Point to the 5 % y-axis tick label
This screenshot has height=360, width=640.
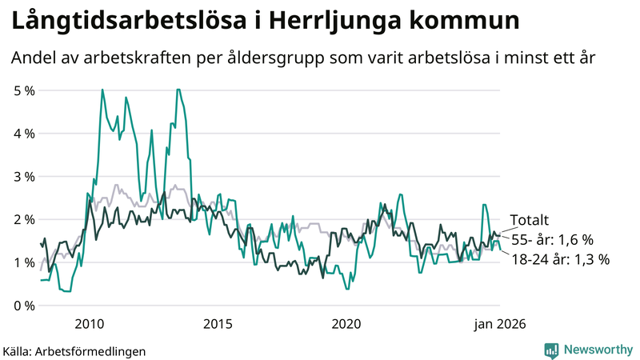(x=25, y=90)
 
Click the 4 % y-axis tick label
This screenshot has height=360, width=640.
(x=25, y=134)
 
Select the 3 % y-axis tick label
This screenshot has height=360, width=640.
(x=25, y=176)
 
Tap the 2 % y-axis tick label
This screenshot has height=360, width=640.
(x=25, y=219)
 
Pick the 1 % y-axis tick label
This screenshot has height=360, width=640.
(x=25, y=262)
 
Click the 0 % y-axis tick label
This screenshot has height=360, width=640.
(x=25, y=306)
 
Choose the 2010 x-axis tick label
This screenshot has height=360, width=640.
(x=89, y=324)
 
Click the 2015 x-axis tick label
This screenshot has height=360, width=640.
(x=218, y=324)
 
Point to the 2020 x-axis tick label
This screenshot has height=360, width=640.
(x=346, y=324)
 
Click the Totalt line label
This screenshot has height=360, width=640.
(x=530, y=221)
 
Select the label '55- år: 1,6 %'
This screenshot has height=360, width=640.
(x=552, y=239)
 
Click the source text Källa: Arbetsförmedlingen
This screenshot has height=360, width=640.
(x=74, y=350)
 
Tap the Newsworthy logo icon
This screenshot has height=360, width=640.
(x=551, y=350)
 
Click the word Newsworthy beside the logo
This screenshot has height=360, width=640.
(x=598, y=350)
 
